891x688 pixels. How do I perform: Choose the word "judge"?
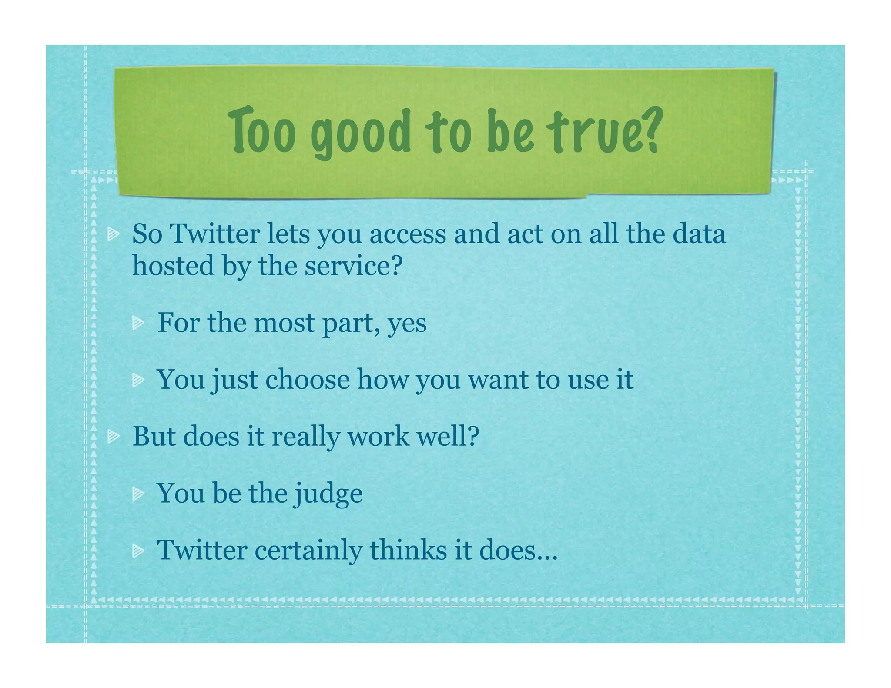tap(328, 494)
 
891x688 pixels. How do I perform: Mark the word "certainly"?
tap(308, 551)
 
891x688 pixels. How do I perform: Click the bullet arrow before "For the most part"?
tap(138, 323)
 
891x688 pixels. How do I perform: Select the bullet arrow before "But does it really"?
tap(114, 436)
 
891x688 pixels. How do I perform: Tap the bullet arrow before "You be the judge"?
tap(138, 493)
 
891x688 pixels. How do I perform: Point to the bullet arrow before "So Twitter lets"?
tap(114, 234)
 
